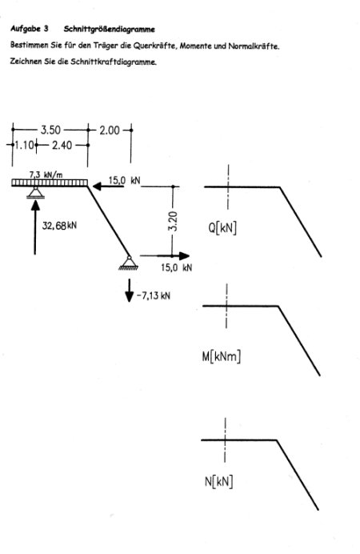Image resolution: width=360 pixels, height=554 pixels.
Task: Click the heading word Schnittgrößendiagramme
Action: (109, 30)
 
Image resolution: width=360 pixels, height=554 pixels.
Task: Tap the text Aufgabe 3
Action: (30, 29)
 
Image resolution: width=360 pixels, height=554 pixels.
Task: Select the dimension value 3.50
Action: (50, 130)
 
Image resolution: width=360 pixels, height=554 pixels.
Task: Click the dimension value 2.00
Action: (110, 130)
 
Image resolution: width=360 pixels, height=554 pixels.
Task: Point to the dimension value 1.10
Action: (24, 145)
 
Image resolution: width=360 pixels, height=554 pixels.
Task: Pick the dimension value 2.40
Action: (62, 145)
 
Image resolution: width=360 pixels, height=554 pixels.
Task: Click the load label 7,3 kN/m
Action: (46, 175)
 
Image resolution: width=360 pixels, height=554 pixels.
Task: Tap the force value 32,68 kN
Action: (59, 226)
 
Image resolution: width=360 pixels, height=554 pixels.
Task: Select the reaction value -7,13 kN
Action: (153, 295)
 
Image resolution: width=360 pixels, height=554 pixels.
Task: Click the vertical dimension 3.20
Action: (173, 221)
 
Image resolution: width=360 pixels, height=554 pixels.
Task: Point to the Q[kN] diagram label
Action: (222, 228)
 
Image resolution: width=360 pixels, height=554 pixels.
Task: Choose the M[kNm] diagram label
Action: (222, 356)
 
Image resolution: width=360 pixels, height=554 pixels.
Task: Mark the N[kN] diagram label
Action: (219, 482)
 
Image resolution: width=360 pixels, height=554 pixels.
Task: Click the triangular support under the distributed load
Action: (36, 192)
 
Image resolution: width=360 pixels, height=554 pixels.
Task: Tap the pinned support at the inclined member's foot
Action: (129, 263)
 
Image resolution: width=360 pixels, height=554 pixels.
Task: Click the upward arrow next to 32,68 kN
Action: (35, 227)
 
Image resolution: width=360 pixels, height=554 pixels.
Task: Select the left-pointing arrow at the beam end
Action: (108, 186)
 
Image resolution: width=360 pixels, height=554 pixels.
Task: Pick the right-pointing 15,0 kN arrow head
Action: (184, 256)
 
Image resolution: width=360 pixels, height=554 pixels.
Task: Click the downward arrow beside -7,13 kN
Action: (130, 290)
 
